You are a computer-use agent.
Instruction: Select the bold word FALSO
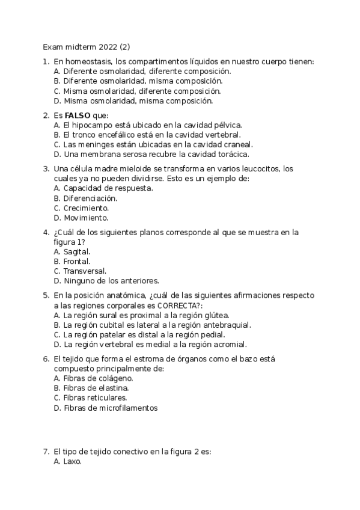point(78,115)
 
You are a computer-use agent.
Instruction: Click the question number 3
point(46,169)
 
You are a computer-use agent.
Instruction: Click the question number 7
point(46,451)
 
